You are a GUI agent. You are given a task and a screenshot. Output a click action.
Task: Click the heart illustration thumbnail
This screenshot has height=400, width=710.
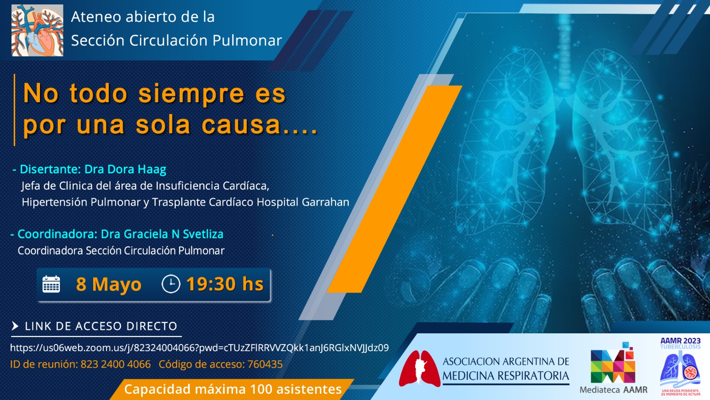pyautogui.click(x=37, y=30)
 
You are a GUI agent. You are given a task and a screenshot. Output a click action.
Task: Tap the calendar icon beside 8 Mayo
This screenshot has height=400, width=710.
pyautogui.click(x=51, y=284)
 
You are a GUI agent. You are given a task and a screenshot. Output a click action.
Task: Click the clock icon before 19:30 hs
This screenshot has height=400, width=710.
pyautogui.click(x=171, y=284)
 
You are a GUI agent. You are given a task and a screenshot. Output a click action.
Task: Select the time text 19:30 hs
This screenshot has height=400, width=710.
pyautogui.click(x=225, y=284)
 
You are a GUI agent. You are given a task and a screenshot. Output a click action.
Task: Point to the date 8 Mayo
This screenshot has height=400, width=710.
pyautogui.click(x=109, y=284)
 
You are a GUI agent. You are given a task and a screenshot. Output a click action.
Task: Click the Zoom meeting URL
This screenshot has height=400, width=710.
pyautogui.click(x=199, y=348)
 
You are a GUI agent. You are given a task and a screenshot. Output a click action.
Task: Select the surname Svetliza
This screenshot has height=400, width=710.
pyautogui.click(x=203, y=234)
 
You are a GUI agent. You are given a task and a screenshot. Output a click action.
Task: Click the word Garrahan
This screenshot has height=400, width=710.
pyautogui.click(x=325, y=202)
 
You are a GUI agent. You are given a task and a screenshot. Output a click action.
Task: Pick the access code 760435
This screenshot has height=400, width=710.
pyautogui.click(x=265, y=364)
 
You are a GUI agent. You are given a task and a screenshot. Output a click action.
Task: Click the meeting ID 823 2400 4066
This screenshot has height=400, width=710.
pyautogui.click(x=115, y=364)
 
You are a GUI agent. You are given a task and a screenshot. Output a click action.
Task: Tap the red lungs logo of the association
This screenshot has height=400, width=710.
pyautogui.click(x=418, y=368)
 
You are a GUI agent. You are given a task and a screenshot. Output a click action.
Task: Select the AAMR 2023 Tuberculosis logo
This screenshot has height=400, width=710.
pyautogui.click(x=680, y=367)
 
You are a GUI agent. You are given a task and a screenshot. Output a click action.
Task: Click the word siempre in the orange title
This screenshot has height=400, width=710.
pyautogui.click(x=191, y=94)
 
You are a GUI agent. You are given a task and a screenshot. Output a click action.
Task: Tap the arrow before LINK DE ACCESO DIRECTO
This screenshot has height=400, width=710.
pyautogui.click(x=15, y=326)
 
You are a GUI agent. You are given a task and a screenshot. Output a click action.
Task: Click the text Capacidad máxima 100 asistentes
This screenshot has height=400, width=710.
pyautogui.click(x=233, y=389)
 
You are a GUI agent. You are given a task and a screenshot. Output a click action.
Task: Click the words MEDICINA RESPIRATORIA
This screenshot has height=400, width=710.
pyautogui.click(x=505, y=376)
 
